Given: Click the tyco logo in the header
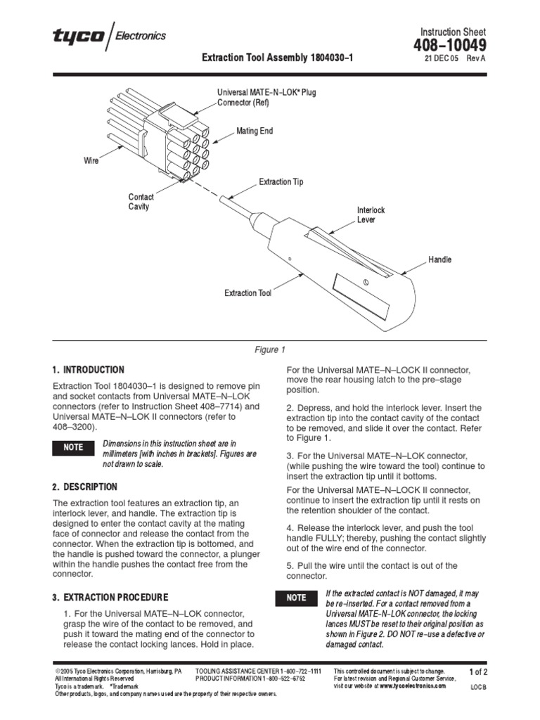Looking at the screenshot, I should pos(77,36).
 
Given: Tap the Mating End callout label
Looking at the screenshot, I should pos(254,131).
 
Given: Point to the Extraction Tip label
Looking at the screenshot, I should pos(281,182).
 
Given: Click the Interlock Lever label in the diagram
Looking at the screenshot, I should pos(371,215).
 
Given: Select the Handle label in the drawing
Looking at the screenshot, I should pos(440,259).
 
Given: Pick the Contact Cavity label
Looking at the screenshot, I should pos(141,202).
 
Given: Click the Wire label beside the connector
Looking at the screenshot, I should pos(91,161).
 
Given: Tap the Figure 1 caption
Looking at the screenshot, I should pos(269,349).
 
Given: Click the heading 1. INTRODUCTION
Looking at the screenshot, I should pos(88,370).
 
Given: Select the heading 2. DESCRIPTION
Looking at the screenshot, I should pos(85,487).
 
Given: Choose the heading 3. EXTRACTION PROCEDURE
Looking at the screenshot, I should pos(110,598).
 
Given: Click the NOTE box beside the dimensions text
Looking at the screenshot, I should pos(74,447).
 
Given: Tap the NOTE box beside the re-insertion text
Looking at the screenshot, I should pos(296,598).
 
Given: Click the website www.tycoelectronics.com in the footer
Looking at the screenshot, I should pos(413,685).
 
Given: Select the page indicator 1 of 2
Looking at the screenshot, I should pos(478,672).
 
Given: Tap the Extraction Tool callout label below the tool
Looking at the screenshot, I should pos(247,293).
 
